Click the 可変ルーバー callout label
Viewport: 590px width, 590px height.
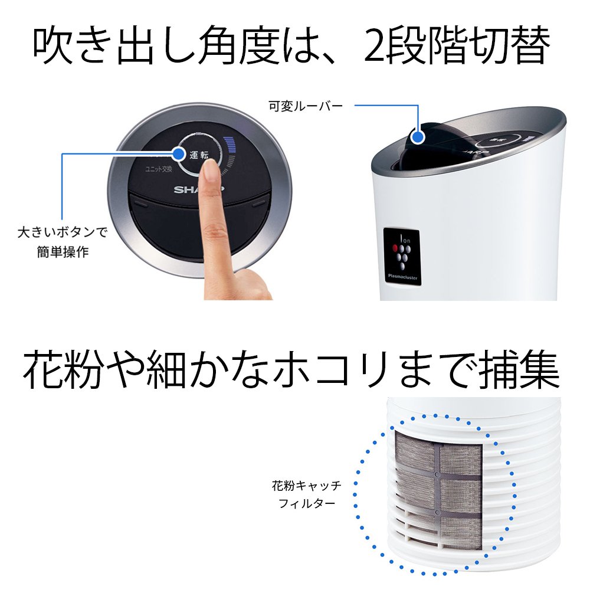tap(305, 106)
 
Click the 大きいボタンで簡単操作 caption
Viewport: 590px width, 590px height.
tap(63, 241)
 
